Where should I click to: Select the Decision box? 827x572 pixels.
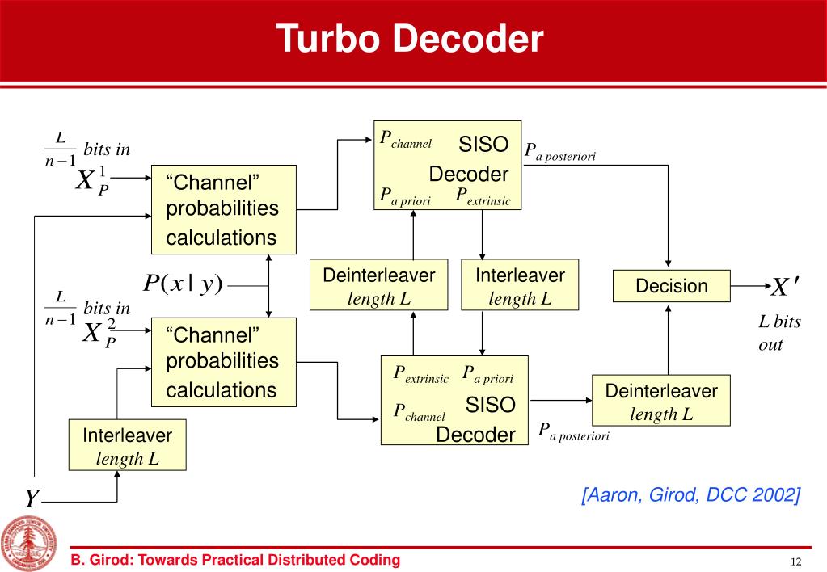671,286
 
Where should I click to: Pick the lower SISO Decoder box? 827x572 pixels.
454,400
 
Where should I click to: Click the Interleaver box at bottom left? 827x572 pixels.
128,445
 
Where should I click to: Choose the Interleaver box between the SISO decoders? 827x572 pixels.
520,285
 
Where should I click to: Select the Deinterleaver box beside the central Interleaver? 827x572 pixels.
379,285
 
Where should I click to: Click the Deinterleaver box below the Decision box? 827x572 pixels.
661,402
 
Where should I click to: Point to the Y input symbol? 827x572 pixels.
31,499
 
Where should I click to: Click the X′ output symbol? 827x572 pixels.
785,288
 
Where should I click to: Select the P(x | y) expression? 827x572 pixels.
182,284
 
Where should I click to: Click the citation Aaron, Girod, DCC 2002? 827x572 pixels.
690,494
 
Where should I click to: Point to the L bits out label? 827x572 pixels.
778,333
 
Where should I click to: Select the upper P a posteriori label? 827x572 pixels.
559,152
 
